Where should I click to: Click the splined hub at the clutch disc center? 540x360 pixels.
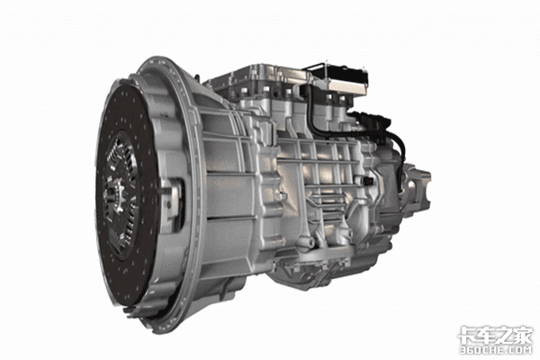(x=115, y=196)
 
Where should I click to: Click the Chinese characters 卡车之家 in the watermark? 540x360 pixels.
(x=495, y=335)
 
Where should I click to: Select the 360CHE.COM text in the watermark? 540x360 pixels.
(x=496, y=350)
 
